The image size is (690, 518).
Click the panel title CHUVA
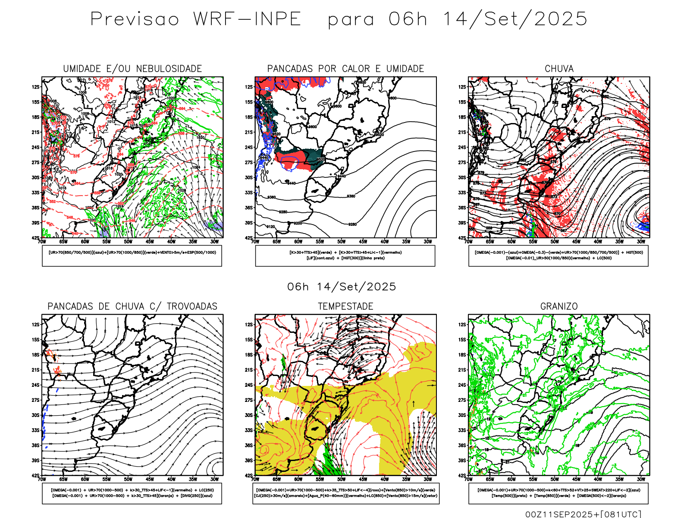(559, 69)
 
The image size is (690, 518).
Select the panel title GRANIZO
(559, 306)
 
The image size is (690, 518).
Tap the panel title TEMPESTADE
(345, 306)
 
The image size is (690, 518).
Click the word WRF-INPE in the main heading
(247, 19)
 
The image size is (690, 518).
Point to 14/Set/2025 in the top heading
(515, 19)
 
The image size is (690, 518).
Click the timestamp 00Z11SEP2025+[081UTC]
(583, 514)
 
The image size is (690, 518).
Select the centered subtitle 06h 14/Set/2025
(342, 287)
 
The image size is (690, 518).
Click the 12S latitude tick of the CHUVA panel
(462, 87)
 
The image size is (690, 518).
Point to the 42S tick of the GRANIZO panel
(462, 475)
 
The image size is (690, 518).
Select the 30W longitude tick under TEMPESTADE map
(427, 479)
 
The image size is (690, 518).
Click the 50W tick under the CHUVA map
(555, 242)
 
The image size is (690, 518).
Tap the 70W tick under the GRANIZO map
(469, 479)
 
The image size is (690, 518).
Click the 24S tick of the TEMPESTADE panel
(249, 385)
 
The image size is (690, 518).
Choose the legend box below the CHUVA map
(558, 256)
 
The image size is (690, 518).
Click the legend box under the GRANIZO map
(558, 493)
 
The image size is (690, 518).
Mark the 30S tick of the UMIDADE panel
(35, 177)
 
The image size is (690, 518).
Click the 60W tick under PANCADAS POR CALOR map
(298, 242)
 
